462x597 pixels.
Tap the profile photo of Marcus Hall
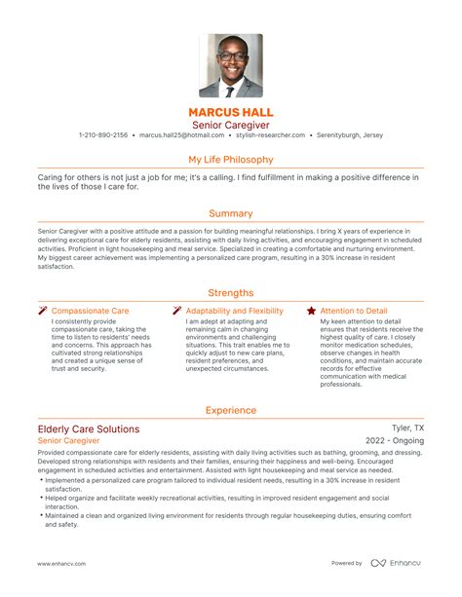(x=231, y=65)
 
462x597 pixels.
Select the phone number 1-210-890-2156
(x=102, y=135)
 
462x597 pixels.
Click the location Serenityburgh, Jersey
(x=350, y=135)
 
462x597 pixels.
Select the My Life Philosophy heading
(x=230, y=159)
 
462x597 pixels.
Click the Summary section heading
(x=230, y=213)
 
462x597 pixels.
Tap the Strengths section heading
(x=230, y=292)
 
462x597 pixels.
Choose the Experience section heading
(x=230, y=410)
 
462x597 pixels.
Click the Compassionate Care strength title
(x=90, y=311)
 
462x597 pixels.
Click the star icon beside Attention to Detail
(x=311, y=311)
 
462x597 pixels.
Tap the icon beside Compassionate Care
(x=43, y=311)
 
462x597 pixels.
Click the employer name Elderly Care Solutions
(x=88, y=429)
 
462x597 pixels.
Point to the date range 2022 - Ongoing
(x=394, y=441)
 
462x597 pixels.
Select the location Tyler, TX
(x=407, y=429)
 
